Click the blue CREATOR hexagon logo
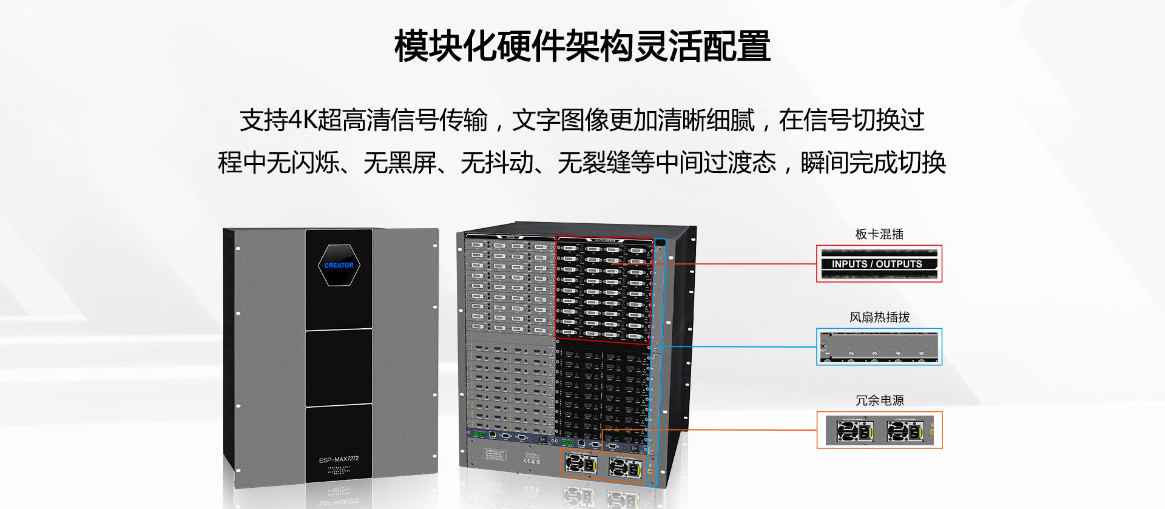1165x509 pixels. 339,265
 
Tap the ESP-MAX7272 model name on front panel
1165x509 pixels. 339,459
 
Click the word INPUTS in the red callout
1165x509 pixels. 849,264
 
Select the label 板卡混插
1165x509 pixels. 879,234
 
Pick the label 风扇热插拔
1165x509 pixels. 879,317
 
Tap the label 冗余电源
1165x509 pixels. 879,400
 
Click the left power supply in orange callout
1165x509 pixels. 854,431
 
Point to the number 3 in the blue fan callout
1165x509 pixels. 874,353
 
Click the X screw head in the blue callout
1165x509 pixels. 823,346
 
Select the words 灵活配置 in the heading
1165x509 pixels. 702,46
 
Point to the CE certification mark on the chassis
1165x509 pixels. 532,460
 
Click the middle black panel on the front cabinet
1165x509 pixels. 338,367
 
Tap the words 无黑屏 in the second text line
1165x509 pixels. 399,163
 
